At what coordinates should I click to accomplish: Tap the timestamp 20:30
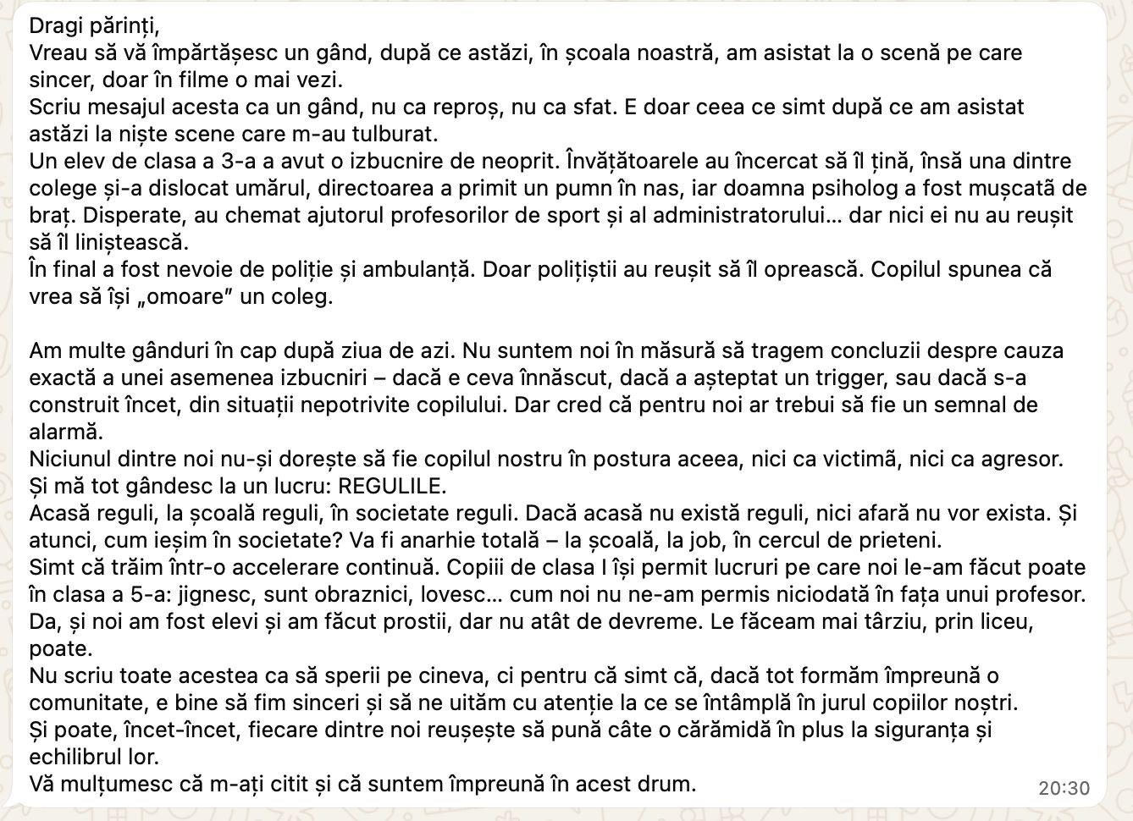pos(1064,788)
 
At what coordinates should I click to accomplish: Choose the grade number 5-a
pos(132,594)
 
